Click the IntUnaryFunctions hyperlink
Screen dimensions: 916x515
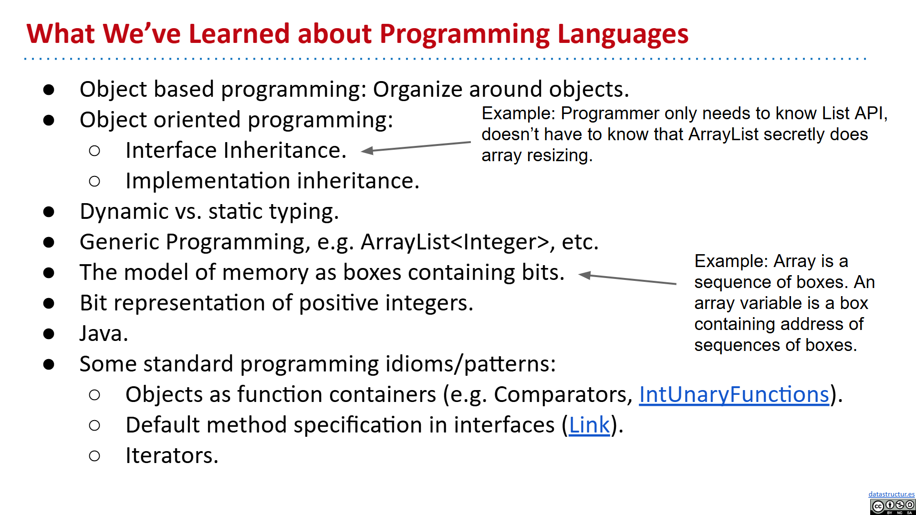(734, 395)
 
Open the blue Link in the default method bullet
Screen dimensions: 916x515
(589, 425)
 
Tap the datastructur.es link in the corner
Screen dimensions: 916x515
(891, 494)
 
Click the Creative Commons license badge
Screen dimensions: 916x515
(893, 506)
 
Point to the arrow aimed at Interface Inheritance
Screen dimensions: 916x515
(416, 146)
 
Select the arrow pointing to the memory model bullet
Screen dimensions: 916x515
(627, 279)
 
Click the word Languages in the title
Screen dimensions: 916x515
(623, 35)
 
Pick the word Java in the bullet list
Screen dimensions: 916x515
(104, 333)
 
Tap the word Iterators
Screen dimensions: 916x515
(172, 455)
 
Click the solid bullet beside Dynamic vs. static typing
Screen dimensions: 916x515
(49, 212)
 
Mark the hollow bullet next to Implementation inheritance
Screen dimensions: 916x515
(94, 181)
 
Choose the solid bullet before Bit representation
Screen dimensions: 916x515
(49, 303)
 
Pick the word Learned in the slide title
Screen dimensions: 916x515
(239, 34)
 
